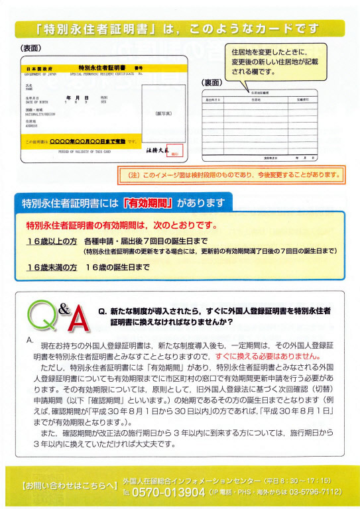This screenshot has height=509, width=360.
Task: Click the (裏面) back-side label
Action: click(212, 83)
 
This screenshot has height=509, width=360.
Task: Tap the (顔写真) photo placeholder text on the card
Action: click(163, 113)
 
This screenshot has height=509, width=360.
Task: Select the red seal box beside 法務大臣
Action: click(174, 154)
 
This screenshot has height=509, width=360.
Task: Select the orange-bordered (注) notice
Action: click(230, 176)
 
